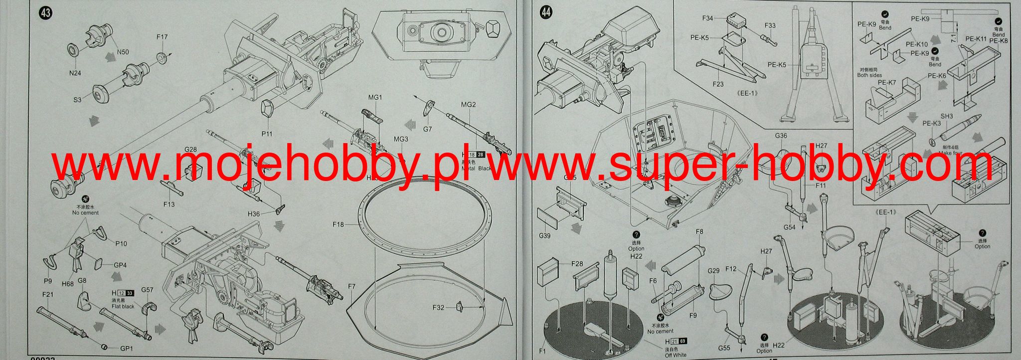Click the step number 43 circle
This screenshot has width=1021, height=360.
(x=45, y=13)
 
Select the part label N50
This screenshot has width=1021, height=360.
(x=123, y=52)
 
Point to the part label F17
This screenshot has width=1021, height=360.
(x=162, y=37)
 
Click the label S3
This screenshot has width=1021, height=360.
(x=77, y=100)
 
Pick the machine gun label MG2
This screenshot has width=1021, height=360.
(x=468, y=105)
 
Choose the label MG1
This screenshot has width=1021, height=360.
(x=375, y=98)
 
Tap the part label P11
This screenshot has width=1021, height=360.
(x=267, y=134)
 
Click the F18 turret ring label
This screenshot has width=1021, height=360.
(x=339, y=225)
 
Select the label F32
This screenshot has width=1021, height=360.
(x=438, y=308)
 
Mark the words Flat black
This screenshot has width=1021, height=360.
(x=123, y=306)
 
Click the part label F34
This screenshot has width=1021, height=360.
(x=707, y=18)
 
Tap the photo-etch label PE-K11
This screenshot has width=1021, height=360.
(x=976, y=39)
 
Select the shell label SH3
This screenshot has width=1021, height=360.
(x=947, y=116)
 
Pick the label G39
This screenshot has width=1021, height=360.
(x=544, y=236)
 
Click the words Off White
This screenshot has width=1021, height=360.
(x=676, y=355)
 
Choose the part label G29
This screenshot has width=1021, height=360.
(x=714, y=271)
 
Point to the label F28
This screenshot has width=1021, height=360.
(x=577, y=263)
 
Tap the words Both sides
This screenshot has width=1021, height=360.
(x=869, y=75)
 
